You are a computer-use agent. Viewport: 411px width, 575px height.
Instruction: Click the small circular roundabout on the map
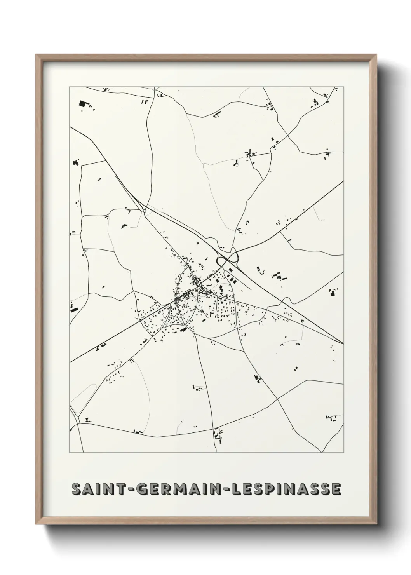tap(145, 211)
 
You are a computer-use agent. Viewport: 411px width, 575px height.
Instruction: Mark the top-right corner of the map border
tap(344, 87)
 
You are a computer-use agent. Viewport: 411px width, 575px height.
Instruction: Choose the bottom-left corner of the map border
tap(70, 453)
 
